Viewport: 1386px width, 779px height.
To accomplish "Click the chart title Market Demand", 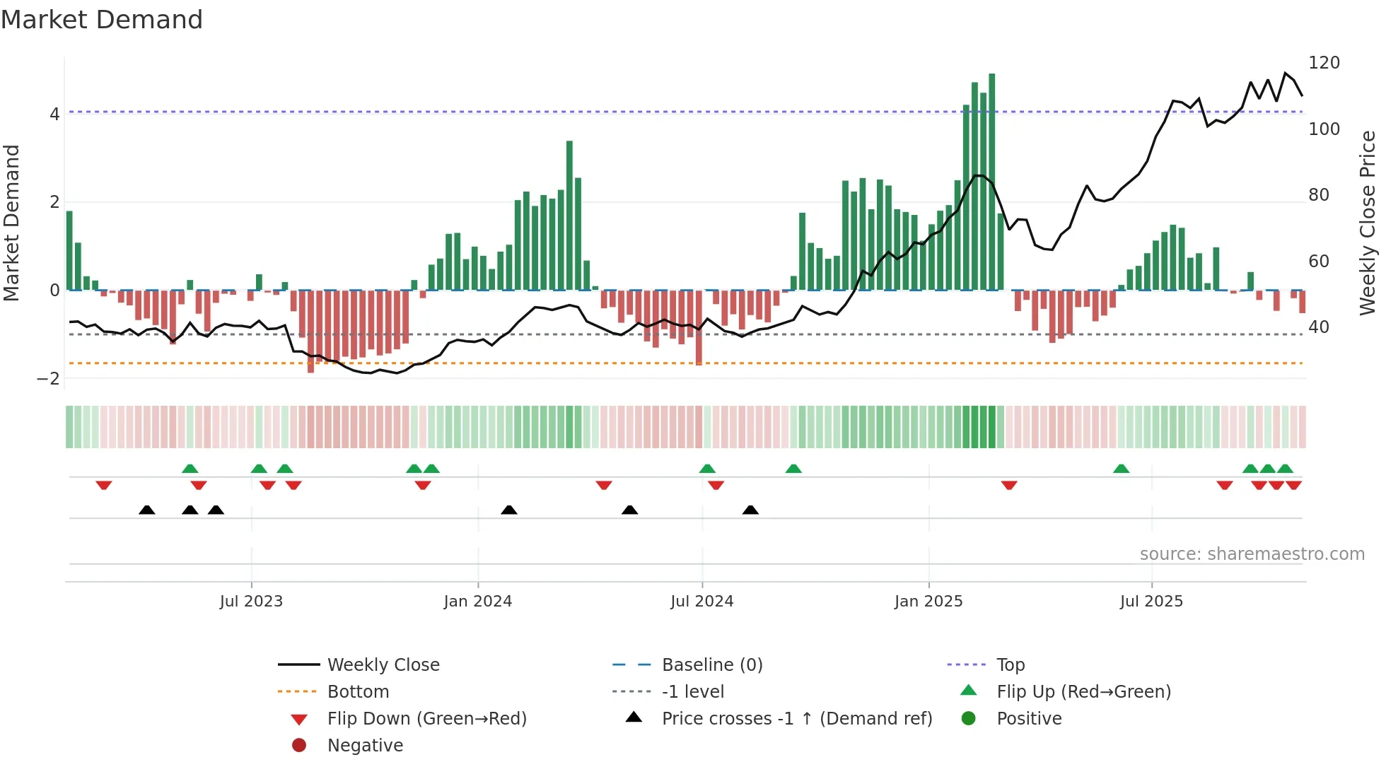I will click(x=102, y=20).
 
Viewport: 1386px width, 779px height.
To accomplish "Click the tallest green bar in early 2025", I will click(x=991, y=181).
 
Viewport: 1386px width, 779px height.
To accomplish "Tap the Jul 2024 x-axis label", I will click(x=701, y=602).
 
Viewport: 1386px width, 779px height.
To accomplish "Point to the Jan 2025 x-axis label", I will click(x=928, y=602).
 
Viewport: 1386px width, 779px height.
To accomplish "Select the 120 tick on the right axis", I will click(x=1324, y=63).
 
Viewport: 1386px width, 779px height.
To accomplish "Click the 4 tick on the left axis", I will click(x=54, y=114).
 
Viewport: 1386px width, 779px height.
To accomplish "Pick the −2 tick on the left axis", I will click(x=49, y=379).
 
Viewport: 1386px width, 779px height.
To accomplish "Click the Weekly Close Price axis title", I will click(x=1368, y=223).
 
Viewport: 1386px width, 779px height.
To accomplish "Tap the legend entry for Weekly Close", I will click(x=383, y=665).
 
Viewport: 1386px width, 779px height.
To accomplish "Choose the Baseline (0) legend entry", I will click(x=711, y=665).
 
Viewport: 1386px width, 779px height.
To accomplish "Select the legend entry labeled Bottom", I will click(x=358, y=692).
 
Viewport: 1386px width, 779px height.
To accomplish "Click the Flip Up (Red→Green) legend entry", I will click(x=1083, y=692).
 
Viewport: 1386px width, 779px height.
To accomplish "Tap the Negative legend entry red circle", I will click(x=299, y=746).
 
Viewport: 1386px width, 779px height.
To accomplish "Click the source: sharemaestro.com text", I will click(x=1252, y=554).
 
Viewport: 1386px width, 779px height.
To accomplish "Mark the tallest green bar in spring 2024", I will click(x=569, y=216).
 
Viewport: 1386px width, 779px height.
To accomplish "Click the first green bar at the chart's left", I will click(x=69, y=250).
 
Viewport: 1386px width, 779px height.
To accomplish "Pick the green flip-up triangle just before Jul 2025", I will click(x=1121, y=469).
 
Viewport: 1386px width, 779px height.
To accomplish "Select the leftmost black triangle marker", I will click(x=147, y=510).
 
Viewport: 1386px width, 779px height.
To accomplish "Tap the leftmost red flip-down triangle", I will click(x=104, y=485).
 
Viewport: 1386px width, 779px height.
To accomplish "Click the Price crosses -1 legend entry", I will click(x=796, y=719).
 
